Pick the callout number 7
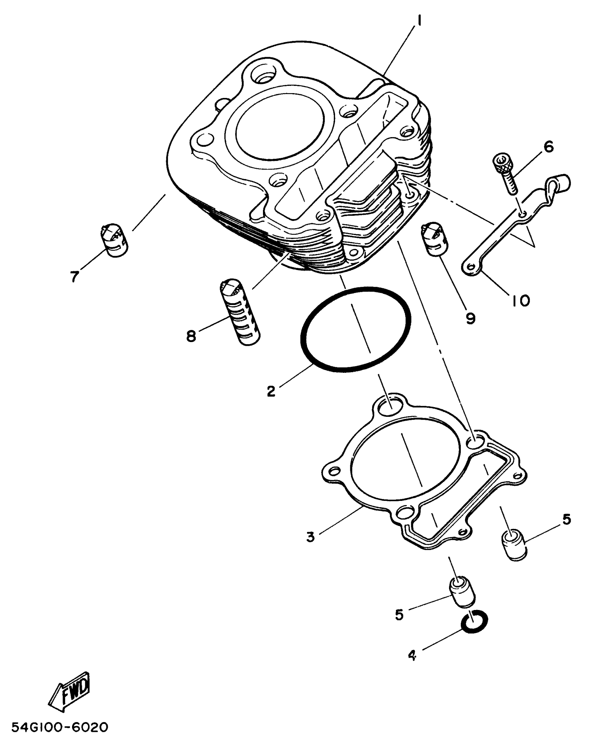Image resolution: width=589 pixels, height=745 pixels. pos(74,276)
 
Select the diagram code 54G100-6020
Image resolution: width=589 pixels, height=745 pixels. pos(60,727)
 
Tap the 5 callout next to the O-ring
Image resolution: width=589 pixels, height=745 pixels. pos(399,615)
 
